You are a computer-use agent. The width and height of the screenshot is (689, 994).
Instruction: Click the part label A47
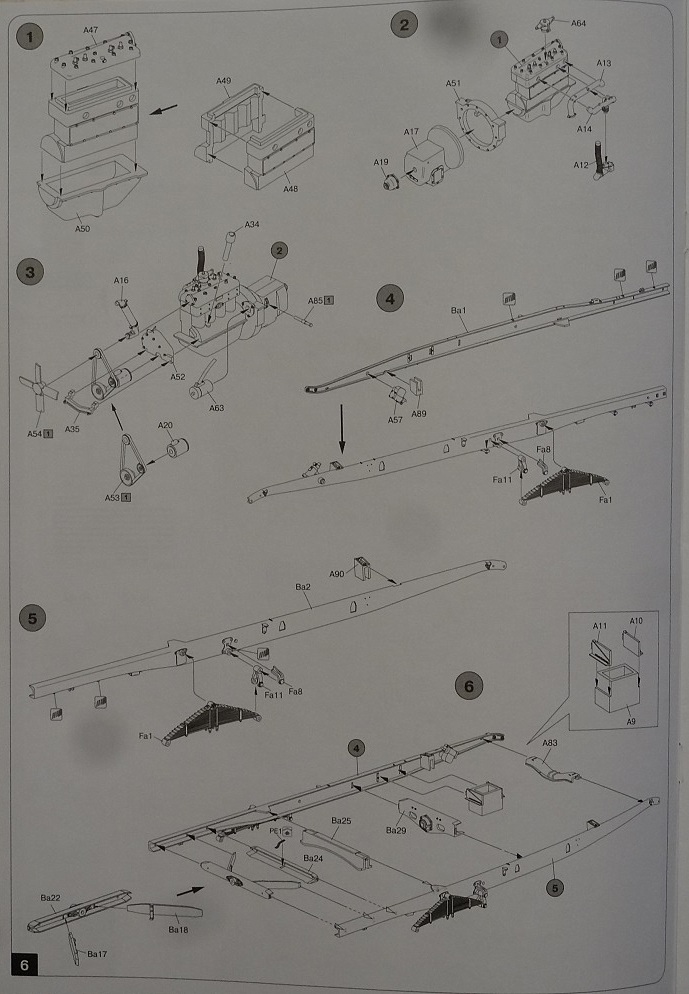tap(89, 31)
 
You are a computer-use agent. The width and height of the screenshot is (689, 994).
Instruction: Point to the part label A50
tap(82, 229)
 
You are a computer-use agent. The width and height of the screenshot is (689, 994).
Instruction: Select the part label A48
tap(290, 189)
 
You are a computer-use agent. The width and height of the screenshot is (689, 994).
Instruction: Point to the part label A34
tap(253, 224)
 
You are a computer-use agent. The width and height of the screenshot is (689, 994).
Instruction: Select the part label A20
tap(166, 425)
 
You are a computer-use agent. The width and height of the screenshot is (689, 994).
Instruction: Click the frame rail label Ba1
tap(459, 311)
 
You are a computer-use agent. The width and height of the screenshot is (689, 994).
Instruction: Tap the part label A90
tap(336, 574)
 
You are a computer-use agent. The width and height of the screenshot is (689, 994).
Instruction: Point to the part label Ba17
tap(97, 954)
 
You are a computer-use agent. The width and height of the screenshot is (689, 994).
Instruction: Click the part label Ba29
tap(396, 829)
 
